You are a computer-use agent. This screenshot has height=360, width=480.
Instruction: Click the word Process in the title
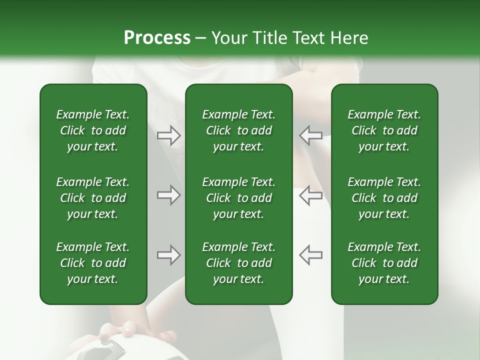(157, 37)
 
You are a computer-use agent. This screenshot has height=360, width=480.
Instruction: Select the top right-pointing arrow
(169, 135)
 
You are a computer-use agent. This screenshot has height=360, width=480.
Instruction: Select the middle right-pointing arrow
(169, 195)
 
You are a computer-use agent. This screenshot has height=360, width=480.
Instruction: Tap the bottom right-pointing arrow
(169, 255)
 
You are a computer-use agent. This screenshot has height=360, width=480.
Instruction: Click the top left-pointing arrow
(310, 135)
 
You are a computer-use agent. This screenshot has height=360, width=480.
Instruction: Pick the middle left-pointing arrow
(310, 195)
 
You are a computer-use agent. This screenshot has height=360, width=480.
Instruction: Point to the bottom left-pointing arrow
(310, 255)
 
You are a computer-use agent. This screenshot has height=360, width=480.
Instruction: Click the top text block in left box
(93, 130)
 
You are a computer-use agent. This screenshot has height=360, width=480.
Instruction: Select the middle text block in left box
(93, 198)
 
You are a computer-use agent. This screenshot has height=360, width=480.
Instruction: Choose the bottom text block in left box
(93, 263)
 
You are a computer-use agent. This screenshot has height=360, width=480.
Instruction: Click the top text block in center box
(238, 130)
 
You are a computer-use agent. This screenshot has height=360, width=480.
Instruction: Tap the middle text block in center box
(238, 198)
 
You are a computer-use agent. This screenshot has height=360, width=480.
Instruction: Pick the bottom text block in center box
(238, 263)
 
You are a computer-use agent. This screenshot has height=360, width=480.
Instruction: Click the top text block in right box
(384, 130)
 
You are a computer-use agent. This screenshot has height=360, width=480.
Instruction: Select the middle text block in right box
(384, 198)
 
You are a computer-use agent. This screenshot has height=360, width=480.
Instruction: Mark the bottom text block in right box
(384, 263)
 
